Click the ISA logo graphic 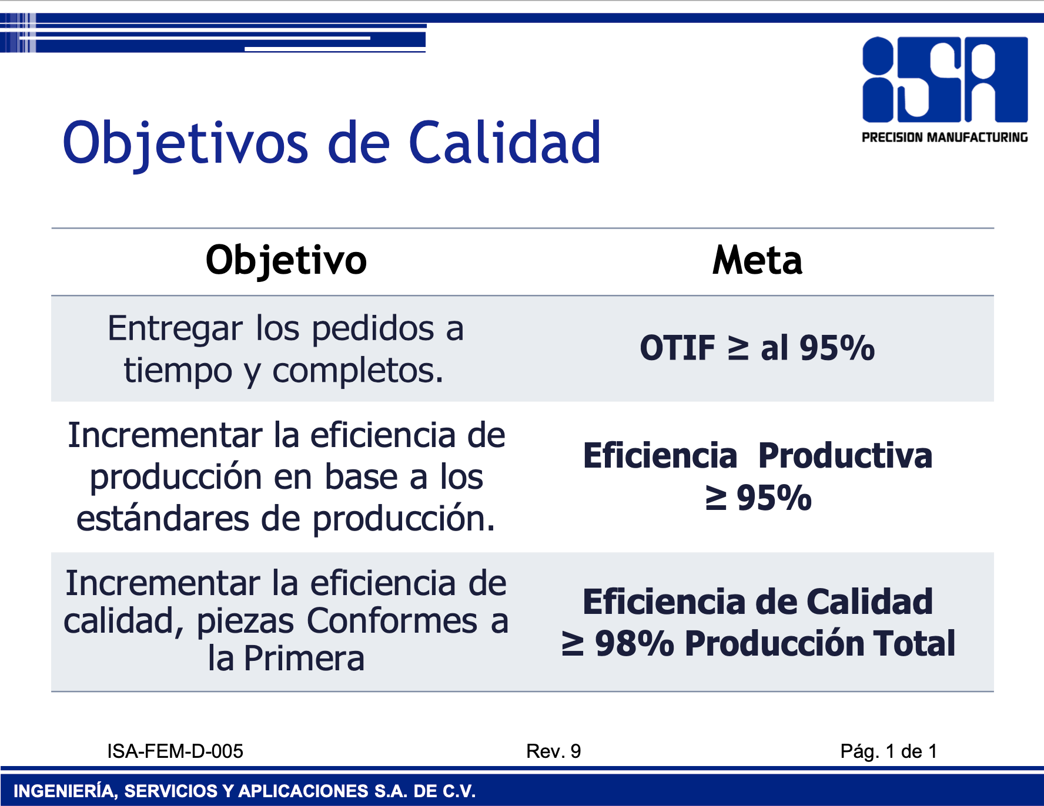coord(945,80)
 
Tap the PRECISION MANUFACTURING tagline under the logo coord(945,137)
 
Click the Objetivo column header coord(286,261)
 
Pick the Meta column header coord(757,260)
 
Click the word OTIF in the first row coord(677,348)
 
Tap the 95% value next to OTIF coord(837,348)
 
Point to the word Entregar coord(175,330)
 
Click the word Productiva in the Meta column coord(845,456)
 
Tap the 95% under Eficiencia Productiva coord(774,498)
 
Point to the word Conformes coord(392,621)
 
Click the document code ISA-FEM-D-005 coord(175,751)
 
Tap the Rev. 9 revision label coord(554,751)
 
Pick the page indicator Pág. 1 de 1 coord(889,751)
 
